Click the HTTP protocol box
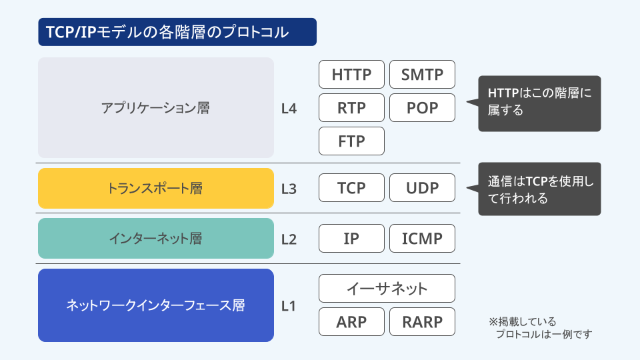pos(351,74)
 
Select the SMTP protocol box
pos(422,74)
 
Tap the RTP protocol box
pos(351,108)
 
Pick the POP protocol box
pos(422,108)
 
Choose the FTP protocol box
pos(351,141)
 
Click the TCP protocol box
pos(351,188)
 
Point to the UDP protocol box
pos(422,188)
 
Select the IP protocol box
pos(351,239)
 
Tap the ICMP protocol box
pos(422,239)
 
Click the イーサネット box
pos(387,289)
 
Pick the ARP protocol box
pos(351,322)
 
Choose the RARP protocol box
pos(422,322)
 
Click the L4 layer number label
pos(289,109)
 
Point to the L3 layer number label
pos(289,189)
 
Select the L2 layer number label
pos(289,239)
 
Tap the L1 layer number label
pos(289,306)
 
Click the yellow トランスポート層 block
pos(156,188)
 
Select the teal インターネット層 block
pos(156,239)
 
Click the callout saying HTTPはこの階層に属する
pos(539,104)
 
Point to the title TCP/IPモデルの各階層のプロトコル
pos(177,32)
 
